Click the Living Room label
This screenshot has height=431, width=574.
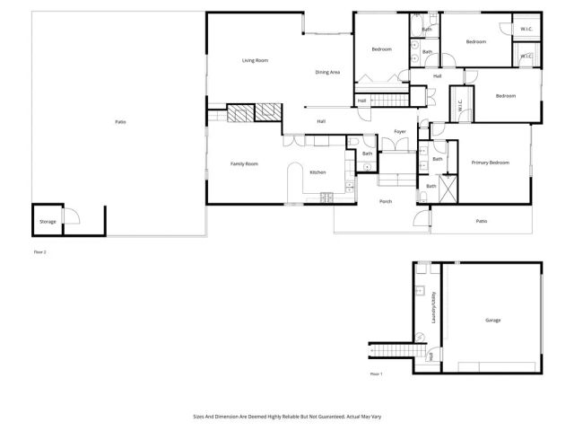pos(256,60)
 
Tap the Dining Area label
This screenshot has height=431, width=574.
pos(326,72)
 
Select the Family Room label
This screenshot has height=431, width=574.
pos(244,163)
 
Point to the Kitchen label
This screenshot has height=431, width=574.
pos(317,172)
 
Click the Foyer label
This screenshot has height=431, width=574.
pos(399,132)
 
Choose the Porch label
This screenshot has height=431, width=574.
pos(386,201)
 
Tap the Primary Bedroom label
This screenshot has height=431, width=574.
pos(491,163)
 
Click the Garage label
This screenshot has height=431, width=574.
pos(492,320)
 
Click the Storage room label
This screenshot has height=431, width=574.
pos(48,221)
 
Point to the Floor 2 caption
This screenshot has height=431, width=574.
pos(39,252)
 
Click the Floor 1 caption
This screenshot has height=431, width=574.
pos(376,374)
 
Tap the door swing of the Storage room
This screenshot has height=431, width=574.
pos(75,216)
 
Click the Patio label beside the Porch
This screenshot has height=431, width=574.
pos(481,221)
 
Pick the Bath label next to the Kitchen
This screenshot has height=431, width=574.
pos(367,154)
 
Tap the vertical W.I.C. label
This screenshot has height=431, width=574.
pos(460,105)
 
